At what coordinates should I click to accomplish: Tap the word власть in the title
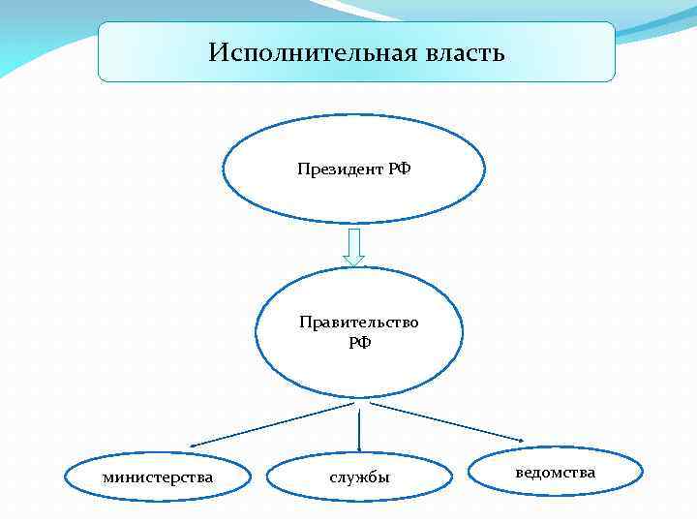point(464,52)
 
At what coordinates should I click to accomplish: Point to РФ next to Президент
point(400,169)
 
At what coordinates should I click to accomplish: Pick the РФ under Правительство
point(359,342)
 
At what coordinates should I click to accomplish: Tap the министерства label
point(159,477)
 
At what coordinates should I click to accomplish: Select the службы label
point(359,477)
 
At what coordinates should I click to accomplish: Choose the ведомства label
point(556,472)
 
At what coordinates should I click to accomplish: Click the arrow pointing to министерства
point(261,426)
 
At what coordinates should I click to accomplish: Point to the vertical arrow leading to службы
point(359,431)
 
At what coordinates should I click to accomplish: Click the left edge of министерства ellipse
point(65,477)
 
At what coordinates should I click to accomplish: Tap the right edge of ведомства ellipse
point(642,472)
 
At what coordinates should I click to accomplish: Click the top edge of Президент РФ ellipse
point(354,117)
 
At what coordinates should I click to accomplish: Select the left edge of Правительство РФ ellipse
point(257,332)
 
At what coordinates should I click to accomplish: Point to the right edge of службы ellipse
point(452,477)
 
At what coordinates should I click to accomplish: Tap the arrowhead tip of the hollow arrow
point(354,264)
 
